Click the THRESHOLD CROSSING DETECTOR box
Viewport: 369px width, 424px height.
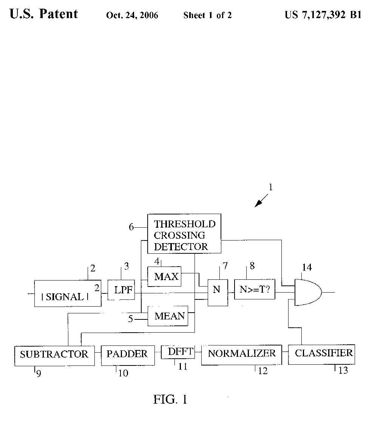pos(184,234)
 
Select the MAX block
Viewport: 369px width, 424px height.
pos(165,276)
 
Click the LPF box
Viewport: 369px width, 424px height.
pos(121,290)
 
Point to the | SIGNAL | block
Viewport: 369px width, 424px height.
pos(68,296)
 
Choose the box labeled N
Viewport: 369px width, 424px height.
pos(217,290)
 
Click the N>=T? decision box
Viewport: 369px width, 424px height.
pos(255,290)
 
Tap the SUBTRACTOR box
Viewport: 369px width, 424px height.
pos(54,354)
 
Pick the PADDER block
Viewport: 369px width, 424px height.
pos(128,354)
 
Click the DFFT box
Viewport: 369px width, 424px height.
pos(178,352)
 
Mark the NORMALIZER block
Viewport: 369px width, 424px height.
pos(241,354)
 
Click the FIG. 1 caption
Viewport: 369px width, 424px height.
pos(170,399)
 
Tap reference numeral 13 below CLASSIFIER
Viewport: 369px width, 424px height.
pos(343,370)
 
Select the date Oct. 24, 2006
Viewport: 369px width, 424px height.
pos(132,15)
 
